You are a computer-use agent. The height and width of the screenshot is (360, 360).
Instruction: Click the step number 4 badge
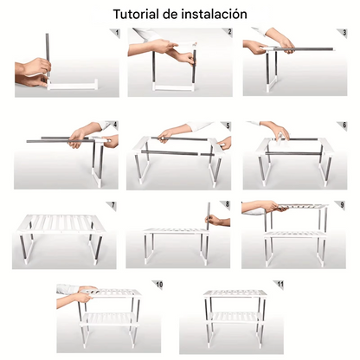pos(114,125)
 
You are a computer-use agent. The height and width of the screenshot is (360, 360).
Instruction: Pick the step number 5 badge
pos(229,125)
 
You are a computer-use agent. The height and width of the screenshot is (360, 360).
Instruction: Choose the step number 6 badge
pos(344,125)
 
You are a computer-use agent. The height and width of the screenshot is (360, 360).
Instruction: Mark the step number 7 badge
pos(114,205)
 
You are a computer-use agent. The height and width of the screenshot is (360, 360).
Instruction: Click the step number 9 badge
pos(344,205)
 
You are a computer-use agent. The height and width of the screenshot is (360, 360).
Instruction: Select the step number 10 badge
pos(158,285)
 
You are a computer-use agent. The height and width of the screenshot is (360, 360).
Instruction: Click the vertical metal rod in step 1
pos(47,52)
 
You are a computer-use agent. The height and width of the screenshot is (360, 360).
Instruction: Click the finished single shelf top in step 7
pos(61,222)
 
